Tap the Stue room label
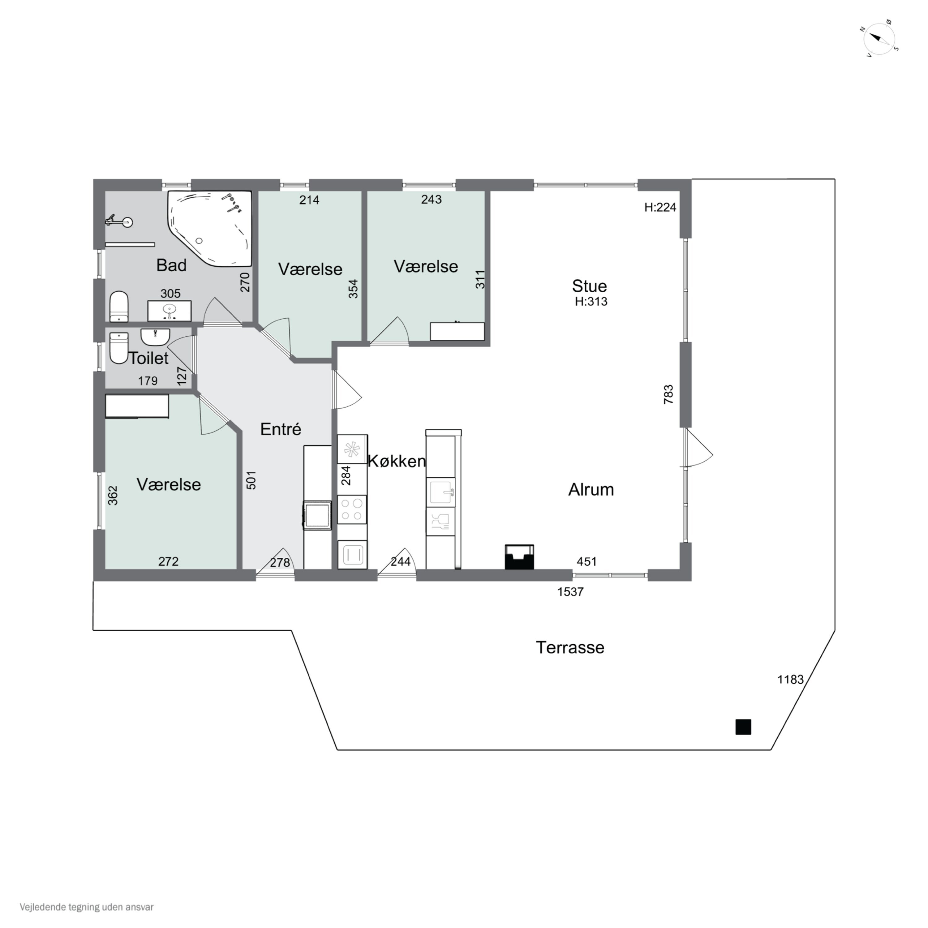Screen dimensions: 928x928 coord(589,286)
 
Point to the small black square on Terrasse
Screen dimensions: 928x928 coord(743,727)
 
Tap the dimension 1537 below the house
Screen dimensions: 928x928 coord(570,592)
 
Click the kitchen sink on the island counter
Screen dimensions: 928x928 coord(441,492)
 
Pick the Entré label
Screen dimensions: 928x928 coord(281,429)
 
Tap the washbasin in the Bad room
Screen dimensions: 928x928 coord(169,310)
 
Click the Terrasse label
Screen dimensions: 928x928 coord(570,647)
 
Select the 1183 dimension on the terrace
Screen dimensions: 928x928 coord(790,679)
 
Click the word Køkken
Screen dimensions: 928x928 coord(396,461)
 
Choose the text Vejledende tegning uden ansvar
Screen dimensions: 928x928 coord(87,907)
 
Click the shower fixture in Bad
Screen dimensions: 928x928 coord(119,221)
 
